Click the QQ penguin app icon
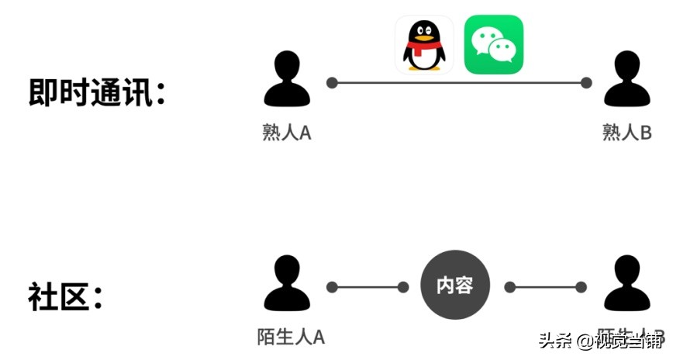click(423, 45)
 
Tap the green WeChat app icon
click(494, 45)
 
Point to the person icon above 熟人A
click(287, 79)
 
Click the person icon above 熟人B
click(627, 79)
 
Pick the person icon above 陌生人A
click(287, 284)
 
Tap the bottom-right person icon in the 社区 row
click(627, 284)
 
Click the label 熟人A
click(287, 133)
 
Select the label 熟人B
click(627, 133)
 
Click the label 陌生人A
click(291, 337)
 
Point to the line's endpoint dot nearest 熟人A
click(332, 82)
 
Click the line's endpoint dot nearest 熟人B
click(586, 82)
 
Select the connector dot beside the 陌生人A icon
click(332, 287)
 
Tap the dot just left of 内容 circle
click(403, 287)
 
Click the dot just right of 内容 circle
click(509, 287)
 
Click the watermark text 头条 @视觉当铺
click(602, 341)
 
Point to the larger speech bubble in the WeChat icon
click(488, 39)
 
